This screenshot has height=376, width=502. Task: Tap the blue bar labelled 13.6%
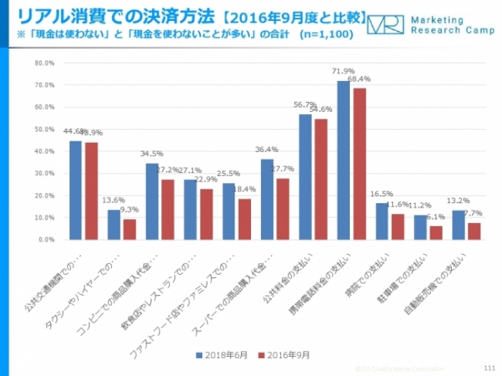click(x=113, y=224)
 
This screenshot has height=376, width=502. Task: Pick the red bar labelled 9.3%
click(x=129, y=229)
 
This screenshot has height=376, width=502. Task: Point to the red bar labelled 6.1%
click(x=435, y=232)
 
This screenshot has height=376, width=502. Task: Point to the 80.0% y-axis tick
click(x=44, y=63)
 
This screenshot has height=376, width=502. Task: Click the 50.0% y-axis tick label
click(x=44, y=129)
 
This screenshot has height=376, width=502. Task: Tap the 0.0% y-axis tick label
click(x=47, y=240)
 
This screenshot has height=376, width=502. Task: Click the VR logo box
click(x=385, y=24)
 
